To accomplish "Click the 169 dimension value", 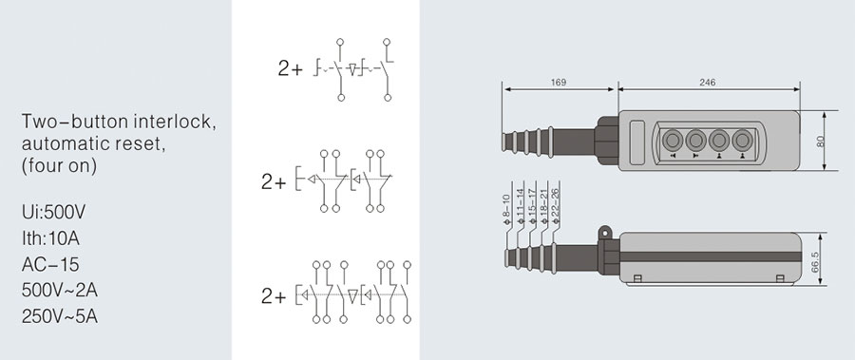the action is tap(559, 83).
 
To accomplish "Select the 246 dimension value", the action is tap(707, 83).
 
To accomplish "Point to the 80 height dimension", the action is tap(821, 141).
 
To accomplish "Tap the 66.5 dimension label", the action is tap(815, 262).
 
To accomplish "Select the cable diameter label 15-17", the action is tap(532, 205).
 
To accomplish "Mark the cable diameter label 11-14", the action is tap(520, 205).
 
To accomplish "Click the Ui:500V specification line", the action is tap(54, 212).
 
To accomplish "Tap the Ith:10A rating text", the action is tap(50, 238).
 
